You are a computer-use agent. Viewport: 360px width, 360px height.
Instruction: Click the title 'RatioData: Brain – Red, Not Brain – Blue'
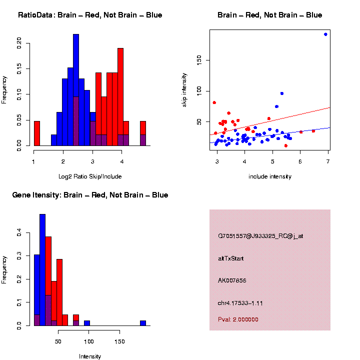90,15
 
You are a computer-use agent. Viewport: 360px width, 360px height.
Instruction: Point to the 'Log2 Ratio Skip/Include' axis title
90,176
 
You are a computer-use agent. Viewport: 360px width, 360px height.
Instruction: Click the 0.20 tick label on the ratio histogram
19,43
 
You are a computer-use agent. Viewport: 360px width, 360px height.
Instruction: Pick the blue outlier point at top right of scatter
325,34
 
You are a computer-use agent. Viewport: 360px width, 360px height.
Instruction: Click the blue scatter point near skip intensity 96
282,93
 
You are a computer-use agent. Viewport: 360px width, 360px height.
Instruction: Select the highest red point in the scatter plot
214,102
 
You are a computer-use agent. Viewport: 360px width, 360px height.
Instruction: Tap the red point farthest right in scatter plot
313,131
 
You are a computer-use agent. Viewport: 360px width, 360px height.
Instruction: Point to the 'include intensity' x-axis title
270,176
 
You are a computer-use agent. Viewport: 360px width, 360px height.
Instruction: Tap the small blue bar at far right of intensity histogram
143,323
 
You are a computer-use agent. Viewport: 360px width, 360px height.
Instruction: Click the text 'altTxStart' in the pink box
230,258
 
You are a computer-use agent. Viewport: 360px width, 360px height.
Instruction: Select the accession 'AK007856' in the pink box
232,280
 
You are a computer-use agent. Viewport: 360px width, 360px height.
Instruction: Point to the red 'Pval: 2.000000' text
238,319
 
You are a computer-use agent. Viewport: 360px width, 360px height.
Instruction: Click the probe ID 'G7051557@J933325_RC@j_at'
260,236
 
